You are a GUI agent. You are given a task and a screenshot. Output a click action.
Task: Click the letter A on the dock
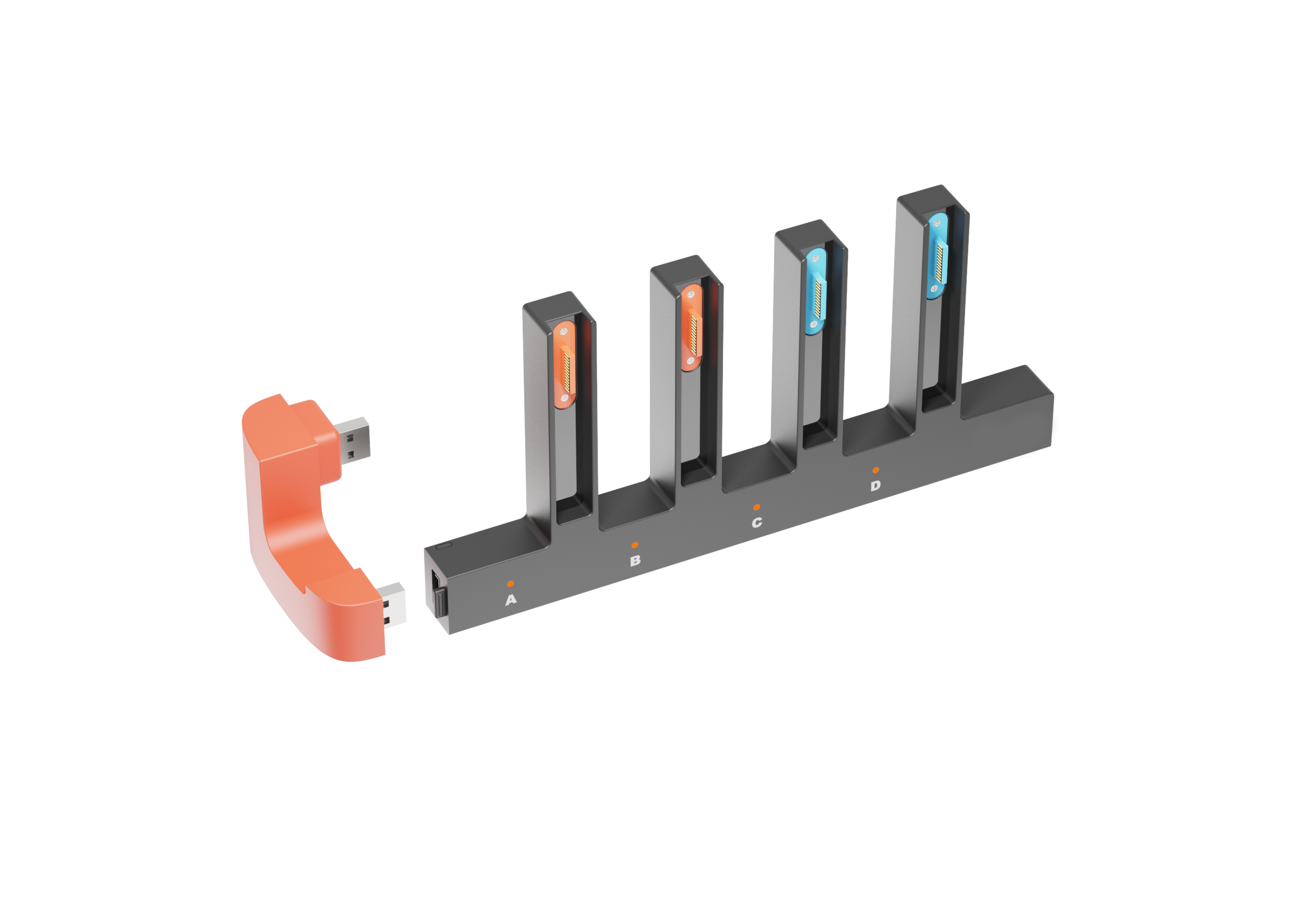tap(511, 600)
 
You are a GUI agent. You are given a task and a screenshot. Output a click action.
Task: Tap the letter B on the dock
tap(635, 561)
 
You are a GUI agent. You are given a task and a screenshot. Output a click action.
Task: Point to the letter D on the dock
tap(875, 486)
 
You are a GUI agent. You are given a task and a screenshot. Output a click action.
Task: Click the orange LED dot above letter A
tap(510, 583)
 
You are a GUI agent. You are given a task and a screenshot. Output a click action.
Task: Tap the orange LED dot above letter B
tap(635, 545)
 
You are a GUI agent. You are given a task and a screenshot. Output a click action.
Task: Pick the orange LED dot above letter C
tap(756, 507)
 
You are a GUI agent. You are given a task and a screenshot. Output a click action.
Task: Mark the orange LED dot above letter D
tap(876, 470)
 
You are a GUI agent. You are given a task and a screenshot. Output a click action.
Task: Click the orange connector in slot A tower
tap(564, 364)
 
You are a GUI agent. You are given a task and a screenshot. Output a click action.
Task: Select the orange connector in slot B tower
tap(691, 328)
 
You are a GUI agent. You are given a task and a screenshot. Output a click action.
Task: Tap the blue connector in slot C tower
tap(815, 291)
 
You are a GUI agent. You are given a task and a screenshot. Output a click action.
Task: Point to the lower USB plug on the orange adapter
tap(391, 604)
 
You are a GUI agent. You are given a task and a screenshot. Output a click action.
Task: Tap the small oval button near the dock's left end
tap(445, 546)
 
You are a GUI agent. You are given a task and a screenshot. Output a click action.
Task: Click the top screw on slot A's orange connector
tap(564, 332)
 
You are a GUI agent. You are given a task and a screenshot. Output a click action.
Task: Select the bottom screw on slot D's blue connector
tap(934, 289)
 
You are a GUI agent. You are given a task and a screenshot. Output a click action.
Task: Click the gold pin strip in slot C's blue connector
tap(818, 297)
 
